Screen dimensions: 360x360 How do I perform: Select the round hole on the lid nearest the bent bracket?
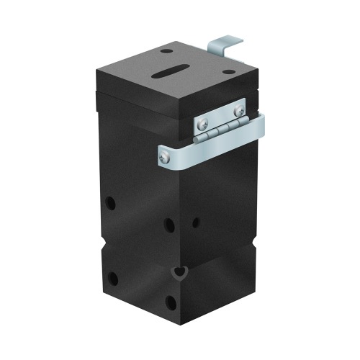click(228, 73)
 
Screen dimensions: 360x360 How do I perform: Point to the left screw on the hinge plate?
click(204, 120)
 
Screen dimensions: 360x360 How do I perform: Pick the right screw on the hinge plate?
click(238, 110)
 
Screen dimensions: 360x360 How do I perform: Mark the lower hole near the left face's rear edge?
click(113, 278)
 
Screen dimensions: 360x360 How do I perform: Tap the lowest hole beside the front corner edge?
click(170, 302)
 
